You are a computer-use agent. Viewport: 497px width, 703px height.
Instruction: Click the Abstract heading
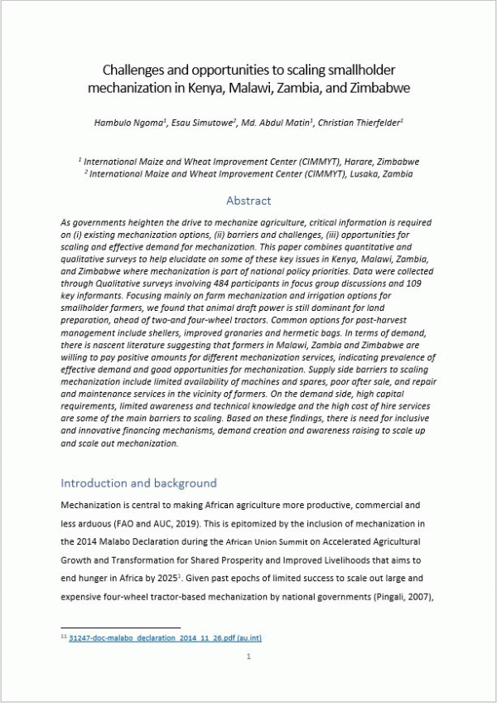248,201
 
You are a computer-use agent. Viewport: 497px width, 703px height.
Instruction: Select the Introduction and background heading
139,482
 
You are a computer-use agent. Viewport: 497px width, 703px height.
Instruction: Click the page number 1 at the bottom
248,657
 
